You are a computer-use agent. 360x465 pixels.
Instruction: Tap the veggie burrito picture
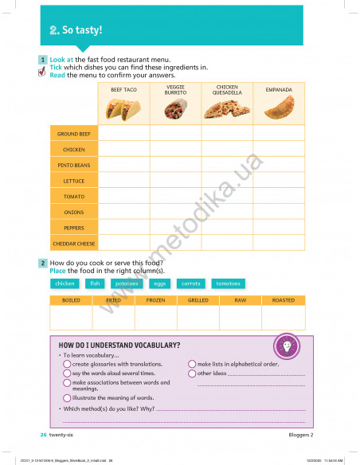[x=175, y=110]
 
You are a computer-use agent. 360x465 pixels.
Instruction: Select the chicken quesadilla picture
[x=227, y=110]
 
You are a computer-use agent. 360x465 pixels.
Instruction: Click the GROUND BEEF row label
[x=73, y=134]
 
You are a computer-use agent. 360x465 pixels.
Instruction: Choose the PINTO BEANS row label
[x=73, y=165]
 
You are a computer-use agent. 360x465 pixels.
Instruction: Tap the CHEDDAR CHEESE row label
[x=73, y=243]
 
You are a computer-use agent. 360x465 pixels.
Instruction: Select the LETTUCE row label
[x=73, y=181]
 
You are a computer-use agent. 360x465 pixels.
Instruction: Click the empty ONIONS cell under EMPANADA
[x=279, y=212]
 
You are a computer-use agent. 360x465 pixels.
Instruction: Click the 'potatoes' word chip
[x=127, y=283]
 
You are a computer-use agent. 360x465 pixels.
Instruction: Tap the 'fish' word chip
[x=95, y=283]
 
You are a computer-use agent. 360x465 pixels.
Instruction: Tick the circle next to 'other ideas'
[x=192, y=373]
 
